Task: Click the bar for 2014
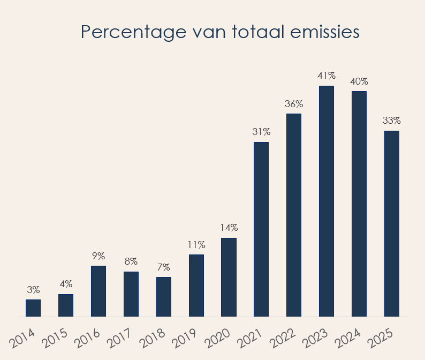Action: pyautogui.click(x=33, y=308)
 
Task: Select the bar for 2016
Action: pyautogui.click(x=98, y=291)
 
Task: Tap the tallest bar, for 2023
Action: pyautogui.click(x=327, y=201)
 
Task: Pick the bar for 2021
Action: pyautogui.click(x=261, y=229)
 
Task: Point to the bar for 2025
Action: pyautogui.click(x=392, y=223)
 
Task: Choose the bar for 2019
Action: pyautogui.click(x=196, y=286)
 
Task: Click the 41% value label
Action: pyautogui.click(x=327, y=76)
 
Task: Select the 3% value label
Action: pyautogui.click(x=33, y=290)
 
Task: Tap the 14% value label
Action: pyautogui.click(x=229, y=228)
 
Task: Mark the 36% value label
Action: pyautogui.click(x=294, y=103)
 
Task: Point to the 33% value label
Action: pyautogui.click(x=392, y=121)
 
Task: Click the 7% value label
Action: pyautogui.click(x=164, y=267)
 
